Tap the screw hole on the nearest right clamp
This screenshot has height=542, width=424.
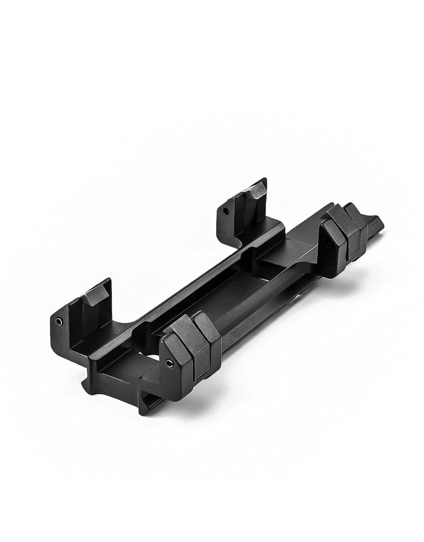169,363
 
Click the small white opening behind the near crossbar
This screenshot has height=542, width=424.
150,351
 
